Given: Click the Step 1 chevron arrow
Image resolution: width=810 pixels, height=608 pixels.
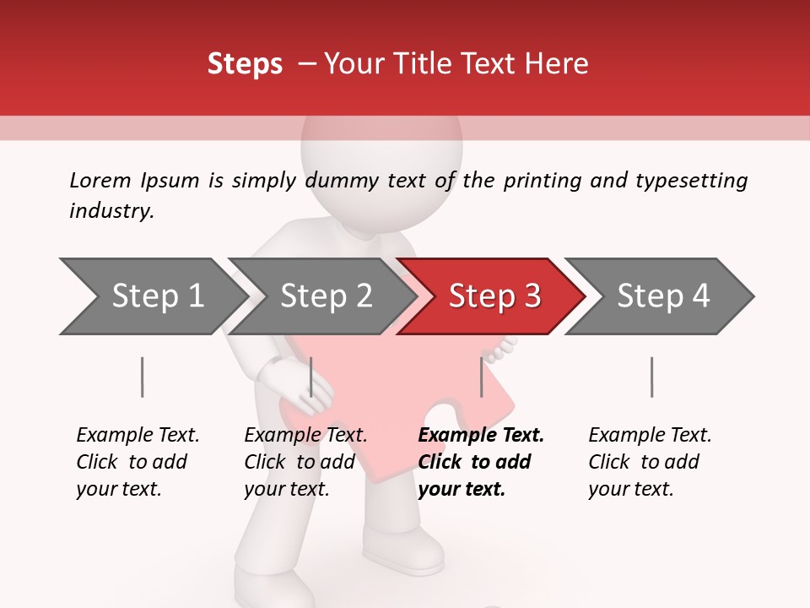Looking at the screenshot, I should pyautogui.click(x=157, y=296).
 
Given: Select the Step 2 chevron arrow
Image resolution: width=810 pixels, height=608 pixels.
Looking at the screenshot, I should pyautogui.click(x=326, y=296).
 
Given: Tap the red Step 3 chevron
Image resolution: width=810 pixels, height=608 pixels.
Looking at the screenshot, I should pyautogui.click(x=494, y=296).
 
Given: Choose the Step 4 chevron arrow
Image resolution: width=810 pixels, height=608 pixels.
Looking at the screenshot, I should pyautogui.click(x=662, y=296).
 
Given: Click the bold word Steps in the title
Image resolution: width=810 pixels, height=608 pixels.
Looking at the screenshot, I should pyautogui.click(x=245, y=64).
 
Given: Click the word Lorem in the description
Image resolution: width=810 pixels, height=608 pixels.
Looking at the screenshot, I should pyautogui.click(x=100, y=180).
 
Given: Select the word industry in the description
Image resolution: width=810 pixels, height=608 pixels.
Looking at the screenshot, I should pyautogui.click(x=111, y=211).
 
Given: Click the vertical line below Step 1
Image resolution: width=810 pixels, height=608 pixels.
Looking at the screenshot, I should pyautogui.click(x=142, y=377).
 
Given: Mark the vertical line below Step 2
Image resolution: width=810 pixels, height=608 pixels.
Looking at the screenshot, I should pyautogui.click(x=311, y=377).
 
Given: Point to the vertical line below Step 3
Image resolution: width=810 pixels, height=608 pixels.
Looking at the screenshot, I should pyautogui.click(x=481, y=377).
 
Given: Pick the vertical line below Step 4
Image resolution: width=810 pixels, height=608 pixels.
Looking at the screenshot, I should pyautogui.click(x=651, y=377).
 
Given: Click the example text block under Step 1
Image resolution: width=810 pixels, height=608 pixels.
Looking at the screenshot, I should pyautogui.click(x=138, y=462).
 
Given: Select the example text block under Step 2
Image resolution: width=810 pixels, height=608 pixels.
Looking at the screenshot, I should pyautogui.click(x=305, y=462).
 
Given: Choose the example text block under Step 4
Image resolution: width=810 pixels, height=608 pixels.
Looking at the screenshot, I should pyautogui.click(x=650, y=462).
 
